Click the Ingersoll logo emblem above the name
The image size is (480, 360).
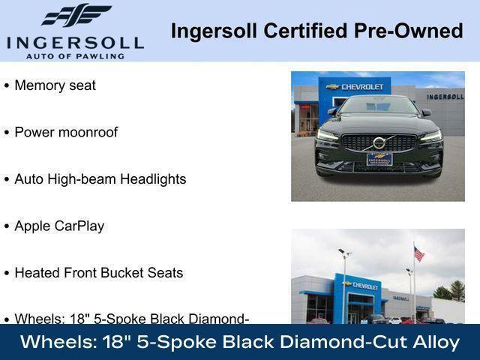(75, 15)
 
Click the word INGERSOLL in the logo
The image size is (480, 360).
(74, 40)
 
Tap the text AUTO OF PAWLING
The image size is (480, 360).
(74, 55)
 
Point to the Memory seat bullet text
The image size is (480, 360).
(55, 85)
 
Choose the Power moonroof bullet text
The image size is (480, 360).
(66, 132)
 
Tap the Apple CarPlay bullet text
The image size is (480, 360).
(59, 226)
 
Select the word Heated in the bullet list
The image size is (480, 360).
(37, 273)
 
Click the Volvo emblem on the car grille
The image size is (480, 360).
(379, 142)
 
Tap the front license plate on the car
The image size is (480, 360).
(379, 159)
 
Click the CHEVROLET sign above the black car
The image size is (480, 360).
(358, 87)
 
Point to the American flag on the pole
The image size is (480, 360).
(418, 254)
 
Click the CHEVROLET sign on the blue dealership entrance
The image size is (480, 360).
(361, 286)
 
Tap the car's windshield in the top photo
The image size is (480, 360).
(378, 106)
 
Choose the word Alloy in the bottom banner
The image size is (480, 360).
(436, 342)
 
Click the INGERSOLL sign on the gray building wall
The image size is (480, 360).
(445, 97)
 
